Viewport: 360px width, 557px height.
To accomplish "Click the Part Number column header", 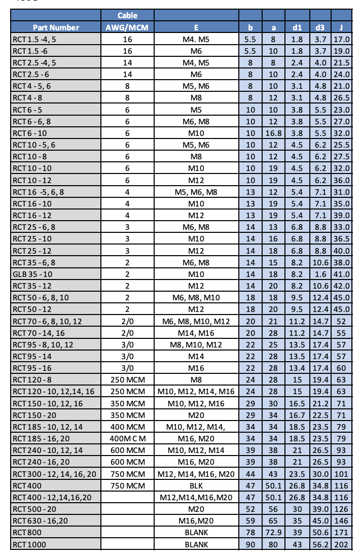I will coord(56,27).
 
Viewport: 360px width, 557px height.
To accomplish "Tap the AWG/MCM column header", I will coord(127,27).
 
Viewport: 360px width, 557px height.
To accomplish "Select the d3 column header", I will coord(320,27).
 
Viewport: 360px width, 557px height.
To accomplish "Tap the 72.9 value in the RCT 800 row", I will coord(273,533).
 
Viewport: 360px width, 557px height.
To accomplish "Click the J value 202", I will coord(342,544).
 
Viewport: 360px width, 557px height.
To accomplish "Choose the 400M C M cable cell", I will coord(127,437).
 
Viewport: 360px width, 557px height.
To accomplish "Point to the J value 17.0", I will coord(342,39).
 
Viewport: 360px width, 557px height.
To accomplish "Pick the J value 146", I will coord(342,521).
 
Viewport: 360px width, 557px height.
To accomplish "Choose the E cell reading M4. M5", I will coord(196,39).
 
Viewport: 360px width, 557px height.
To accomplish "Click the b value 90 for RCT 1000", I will coord(250,544).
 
